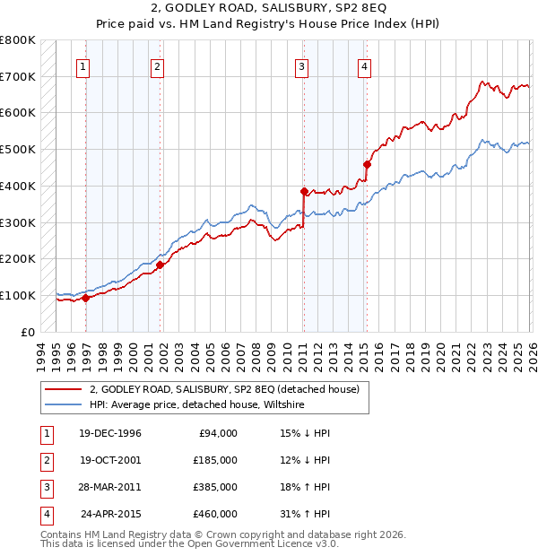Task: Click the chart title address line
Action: [268, 9]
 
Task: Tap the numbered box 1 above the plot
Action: [82, 65]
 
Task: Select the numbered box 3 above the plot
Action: [302, 65]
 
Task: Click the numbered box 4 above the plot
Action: [365, 65]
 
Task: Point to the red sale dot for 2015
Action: [367, 164]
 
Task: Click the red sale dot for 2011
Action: [304, 191]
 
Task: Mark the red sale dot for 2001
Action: [160, 265]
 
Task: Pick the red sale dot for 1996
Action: [86, 298]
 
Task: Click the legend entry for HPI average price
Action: [197, 404]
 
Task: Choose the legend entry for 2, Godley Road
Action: [224, 389]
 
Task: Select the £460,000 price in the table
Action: [215, 514]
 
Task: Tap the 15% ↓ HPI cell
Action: [305, 433]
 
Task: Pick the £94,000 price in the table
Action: [218, 433]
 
